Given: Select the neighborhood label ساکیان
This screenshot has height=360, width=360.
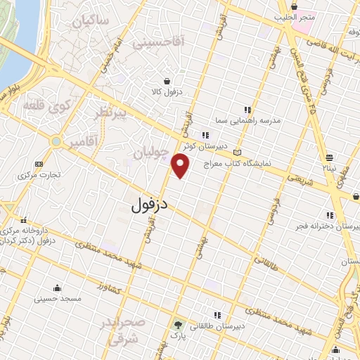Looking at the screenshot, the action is click(92, 20).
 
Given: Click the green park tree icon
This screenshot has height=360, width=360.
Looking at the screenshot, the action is click(178, 326).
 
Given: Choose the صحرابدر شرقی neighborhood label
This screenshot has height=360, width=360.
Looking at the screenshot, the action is click(131, 330).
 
